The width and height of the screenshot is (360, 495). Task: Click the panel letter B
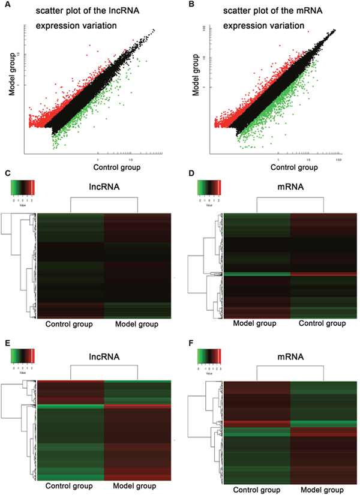(x=186, y=8)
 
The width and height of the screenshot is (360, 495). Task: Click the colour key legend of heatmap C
(x=23, y=188)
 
